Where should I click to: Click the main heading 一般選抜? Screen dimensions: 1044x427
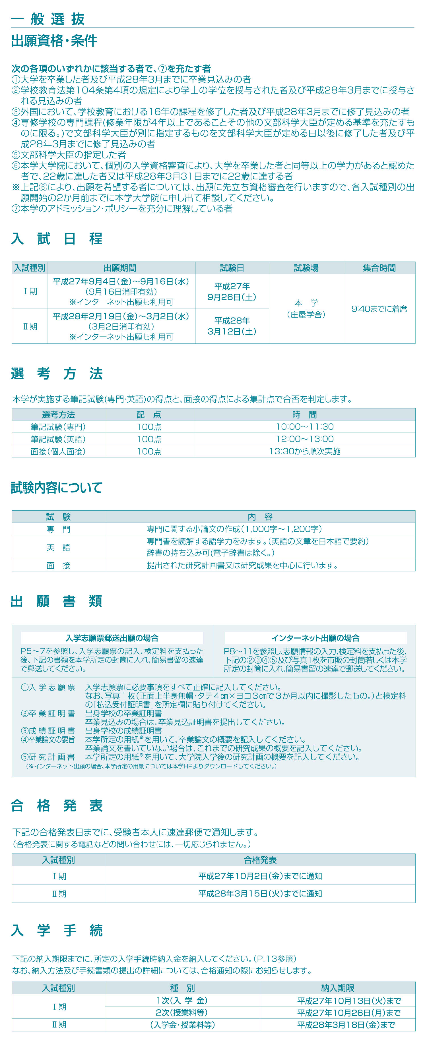[x=48, y=19]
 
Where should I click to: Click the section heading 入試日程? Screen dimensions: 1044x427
[x=57, y=239]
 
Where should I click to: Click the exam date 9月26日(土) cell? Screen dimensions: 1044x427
[x=232, y=292]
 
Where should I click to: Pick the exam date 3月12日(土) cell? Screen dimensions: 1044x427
[x=232, y=326]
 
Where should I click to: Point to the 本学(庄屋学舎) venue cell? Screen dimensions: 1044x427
[x=306, y=309]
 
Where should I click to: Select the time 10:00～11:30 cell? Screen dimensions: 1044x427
[x=305, y=427]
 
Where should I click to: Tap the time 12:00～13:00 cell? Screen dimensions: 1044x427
[x=305, y=439]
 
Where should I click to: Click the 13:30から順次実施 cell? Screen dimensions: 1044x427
[x=305, y=451]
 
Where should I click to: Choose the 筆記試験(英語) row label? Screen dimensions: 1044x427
[x=58, y=439]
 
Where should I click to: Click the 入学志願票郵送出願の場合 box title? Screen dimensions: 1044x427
[x=112, y=638]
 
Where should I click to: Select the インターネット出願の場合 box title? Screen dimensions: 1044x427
[x=315, y=638]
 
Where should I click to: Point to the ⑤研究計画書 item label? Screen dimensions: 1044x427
[x=48, y=757]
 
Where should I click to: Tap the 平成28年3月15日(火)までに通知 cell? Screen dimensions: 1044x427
[x=260, y=894]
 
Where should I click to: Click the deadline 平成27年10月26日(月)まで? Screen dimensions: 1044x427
[x=349, y=1013]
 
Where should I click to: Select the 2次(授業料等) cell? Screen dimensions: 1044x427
[x=182, y=1013]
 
